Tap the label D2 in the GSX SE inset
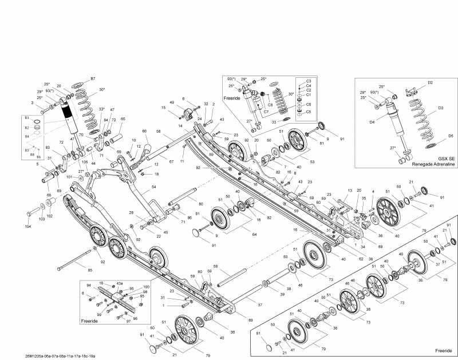430,83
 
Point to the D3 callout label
440,108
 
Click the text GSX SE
447,158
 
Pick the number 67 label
171,162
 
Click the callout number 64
255,234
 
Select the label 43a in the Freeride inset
120,284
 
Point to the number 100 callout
146,286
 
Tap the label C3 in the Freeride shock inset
308,81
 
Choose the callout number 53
312,162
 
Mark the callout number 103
41,219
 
